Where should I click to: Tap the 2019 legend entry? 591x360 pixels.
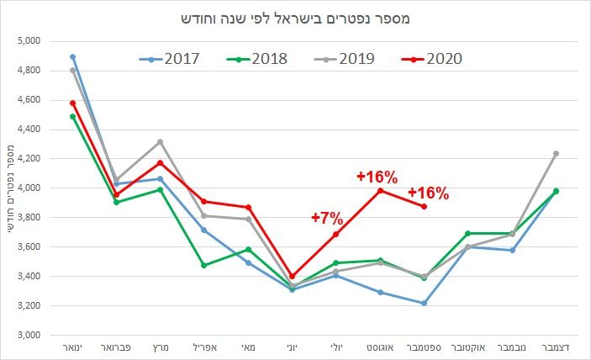(x=350, y=58)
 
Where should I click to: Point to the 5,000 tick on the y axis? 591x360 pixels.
(x=29, y=40)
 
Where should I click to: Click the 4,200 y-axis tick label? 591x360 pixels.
(x=29, y=158)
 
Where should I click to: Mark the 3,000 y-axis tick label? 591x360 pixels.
(x=29, y=335)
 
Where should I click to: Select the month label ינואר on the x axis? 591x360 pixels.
(x=73, y=347)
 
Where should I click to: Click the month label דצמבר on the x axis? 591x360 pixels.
(x=556, y=347)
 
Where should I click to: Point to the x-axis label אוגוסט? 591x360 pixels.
(x=380, y=347)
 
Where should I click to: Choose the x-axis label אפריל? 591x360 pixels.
(x=204, y=347)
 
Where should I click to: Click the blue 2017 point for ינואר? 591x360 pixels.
(x=73, y=57)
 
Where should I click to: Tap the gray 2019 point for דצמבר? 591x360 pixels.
(x=556, y=154)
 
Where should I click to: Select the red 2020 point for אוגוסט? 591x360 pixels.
(x=380, y=190)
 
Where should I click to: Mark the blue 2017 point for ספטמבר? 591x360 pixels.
(x=424, y=303)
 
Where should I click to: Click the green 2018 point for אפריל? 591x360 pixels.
(x=204, y=265)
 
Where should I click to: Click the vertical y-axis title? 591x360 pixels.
(x=11, y=187)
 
